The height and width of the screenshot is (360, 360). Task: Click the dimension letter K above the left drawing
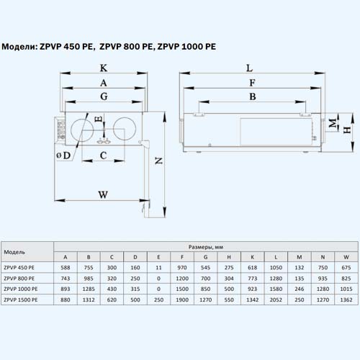[104, 68]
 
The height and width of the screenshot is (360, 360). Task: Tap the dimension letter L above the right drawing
[250, 68]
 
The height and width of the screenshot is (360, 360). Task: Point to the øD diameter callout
[63, 156]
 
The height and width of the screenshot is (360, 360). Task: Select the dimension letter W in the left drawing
[103, 194]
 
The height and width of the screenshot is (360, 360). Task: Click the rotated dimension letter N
[159, 161]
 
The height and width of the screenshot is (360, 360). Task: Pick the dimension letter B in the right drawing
[253, 96]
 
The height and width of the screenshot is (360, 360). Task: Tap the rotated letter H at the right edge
[347, 130]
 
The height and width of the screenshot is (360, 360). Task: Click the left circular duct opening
[82, 119]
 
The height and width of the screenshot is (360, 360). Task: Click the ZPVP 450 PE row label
[19, 268]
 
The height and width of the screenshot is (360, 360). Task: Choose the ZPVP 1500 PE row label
[21, 300]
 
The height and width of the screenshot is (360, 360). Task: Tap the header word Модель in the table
[14, 252]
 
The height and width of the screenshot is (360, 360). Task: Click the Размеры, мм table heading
[206, 247]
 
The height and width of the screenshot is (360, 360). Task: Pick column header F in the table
[182, 257]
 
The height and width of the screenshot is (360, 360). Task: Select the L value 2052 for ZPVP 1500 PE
[276, 300]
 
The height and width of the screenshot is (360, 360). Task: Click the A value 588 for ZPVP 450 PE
[66, 268]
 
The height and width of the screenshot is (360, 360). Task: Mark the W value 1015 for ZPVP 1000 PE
[346, 289]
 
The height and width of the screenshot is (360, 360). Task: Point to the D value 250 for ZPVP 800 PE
[135, 279]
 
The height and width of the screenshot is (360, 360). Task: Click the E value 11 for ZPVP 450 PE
[158, 268]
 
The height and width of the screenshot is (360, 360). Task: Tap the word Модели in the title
[19, 47]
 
